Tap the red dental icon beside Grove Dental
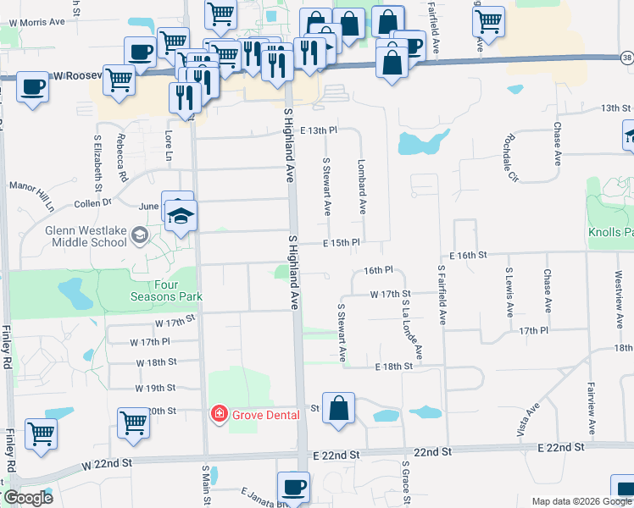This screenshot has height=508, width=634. click(219, 414)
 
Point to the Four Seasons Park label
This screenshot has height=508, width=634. click(166, 290)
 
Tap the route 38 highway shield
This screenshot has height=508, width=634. click(626, 58)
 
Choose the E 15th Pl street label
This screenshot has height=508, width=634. click(342, 243)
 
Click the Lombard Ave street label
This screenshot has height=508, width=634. click(362, 185)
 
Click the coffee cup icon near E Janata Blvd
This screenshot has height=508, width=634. click(294, 487)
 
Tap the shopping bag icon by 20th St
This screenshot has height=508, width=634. click(338, 407)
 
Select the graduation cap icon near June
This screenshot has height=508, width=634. click(181, 215)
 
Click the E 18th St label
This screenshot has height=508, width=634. click(394, 367)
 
